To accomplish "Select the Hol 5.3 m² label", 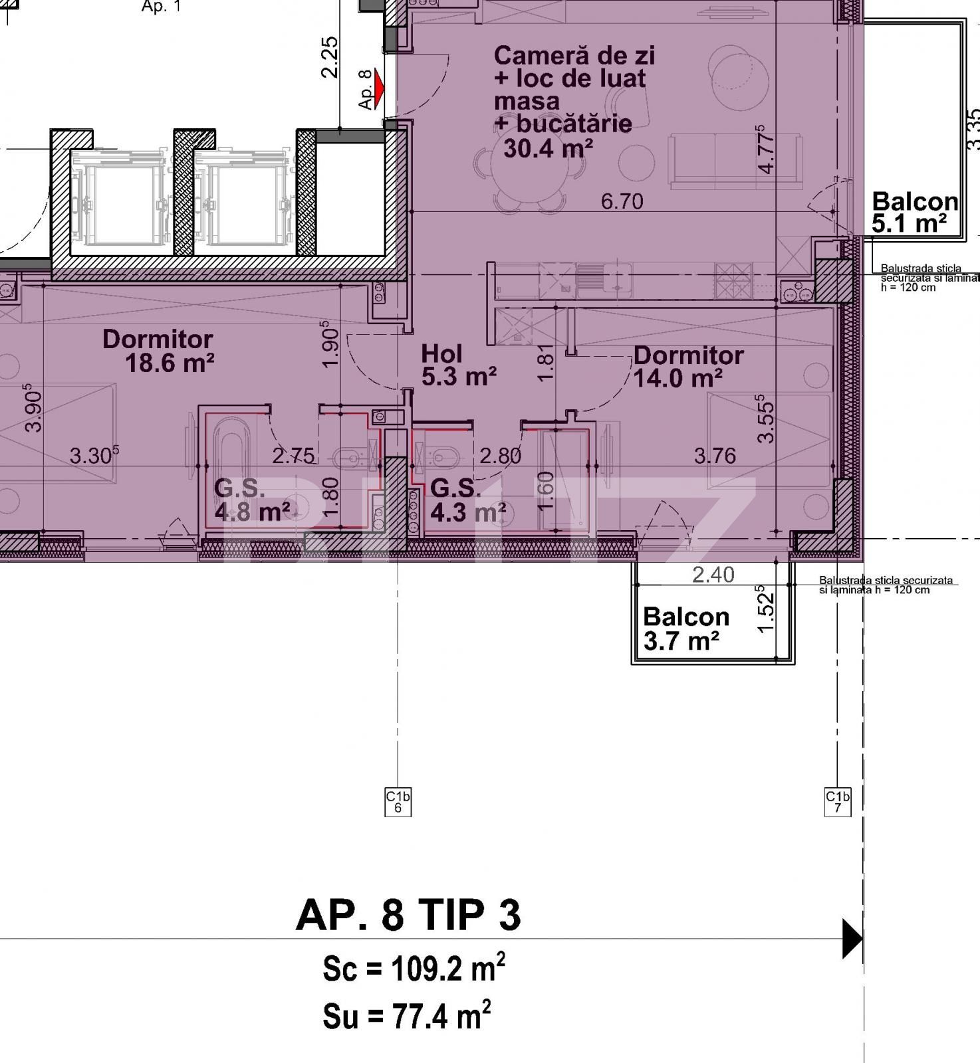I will (x=459, y=365).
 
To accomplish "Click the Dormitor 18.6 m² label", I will (x=158, y=351).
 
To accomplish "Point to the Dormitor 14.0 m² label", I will (x=687, y=367).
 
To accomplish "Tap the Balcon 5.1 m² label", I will (x=914, y=212).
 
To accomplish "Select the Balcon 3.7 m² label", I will (x=685, y=628).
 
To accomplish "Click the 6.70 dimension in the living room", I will (x=622, y=201).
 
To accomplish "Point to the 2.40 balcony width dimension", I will (x=713, y=575).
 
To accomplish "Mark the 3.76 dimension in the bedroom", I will (x=715, y=456).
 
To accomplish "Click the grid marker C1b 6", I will (x=398, y=802).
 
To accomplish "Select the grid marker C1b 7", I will (x=838, y=802).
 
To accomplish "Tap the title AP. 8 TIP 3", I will (x=408, y=916).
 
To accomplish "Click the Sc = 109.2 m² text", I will (x=414, y=969).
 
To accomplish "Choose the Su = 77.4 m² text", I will (x=407, y=1015).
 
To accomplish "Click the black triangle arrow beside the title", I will (x=852, y=939).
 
